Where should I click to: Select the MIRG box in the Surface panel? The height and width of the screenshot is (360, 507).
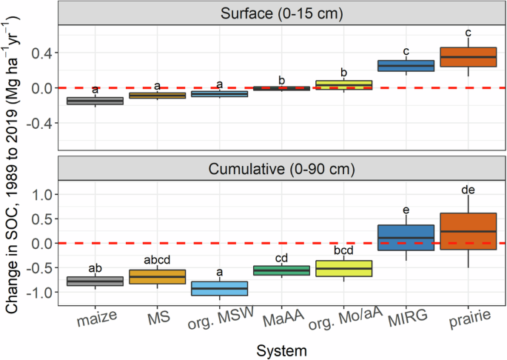[406, 66]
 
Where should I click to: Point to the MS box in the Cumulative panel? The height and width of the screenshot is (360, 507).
[157, 276]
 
